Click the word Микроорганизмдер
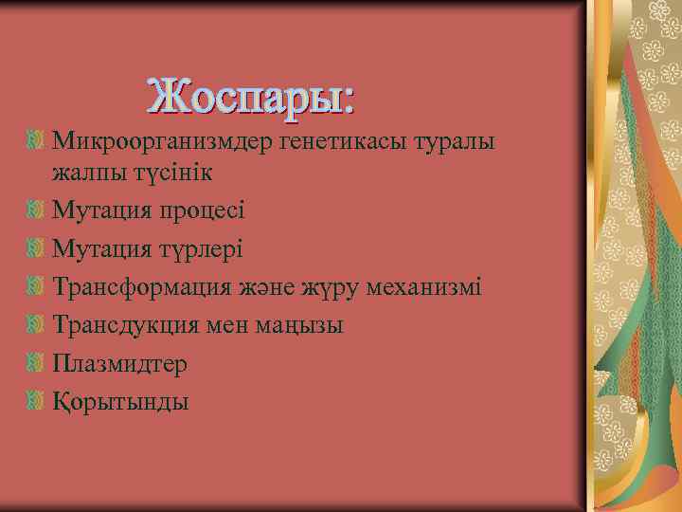click(x=163, y=141)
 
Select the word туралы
click(x=459, y=141)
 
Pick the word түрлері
click(x=200, y=248)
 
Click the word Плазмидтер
click(x=120, y=363)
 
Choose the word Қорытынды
click(x=120, y=402)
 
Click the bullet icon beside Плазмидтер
click(x=36, y=363)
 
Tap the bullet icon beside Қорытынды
click(x=36, y=401)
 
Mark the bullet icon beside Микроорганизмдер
click(x=36, y=141)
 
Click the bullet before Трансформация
click(x=36, y=286)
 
